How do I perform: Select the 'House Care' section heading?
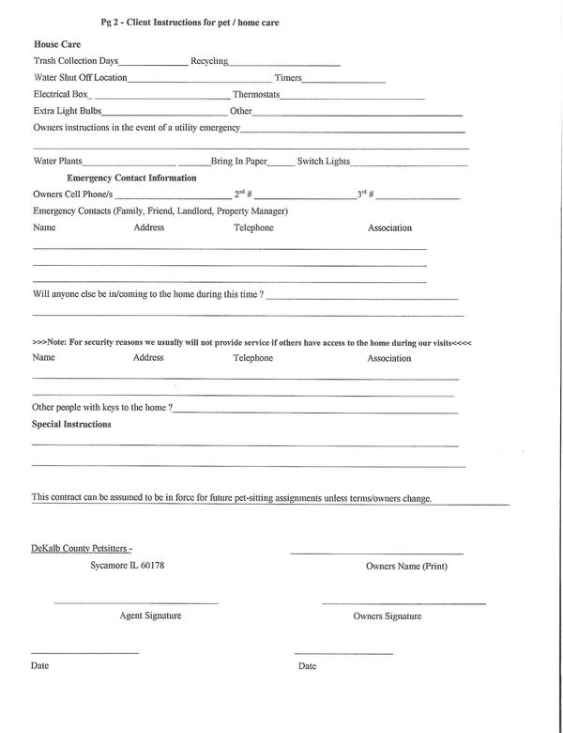point(56,44)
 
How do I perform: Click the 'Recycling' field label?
point(208,60)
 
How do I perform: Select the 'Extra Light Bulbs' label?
point(67,111)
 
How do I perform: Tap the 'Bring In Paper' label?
point(238,161)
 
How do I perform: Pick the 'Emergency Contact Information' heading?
point(131,178)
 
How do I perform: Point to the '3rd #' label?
point(366,194)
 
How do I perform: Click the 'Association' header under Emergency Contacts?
point(389,227)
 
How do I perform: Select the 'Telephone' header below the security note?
point(253,358)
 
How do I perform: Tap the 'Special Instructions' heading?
point(71,424)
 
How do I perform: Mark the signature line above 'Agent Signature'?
point(136,602)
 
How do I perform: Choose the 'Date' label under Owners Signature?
point(307,666)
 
